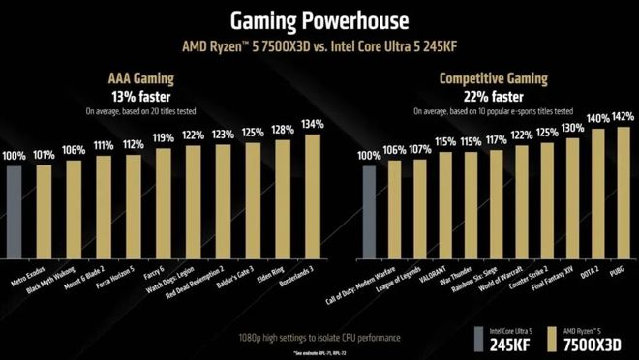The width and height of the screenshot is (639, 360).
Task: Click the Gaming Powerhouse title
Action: [x=319, y=21]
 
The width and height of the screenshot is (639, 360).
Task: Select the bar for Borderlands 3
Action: [x=313, y=194]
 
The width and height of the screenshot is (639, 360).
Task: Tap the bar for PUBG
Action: [x=623, y=194]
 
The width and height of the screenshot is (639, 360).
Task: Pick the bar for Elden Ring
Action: [x=283, y=198]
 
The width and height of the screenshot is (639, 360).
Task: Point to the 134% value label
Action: [x=312, y=123]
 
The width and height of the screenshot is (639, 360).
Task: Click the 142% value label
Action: [x=623, y=117]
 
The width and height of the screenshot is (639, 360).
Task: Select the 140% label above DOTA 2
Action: [x=596, y=119]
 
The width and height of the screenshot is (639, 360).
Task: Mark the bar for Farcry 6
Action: [x=164, y=202]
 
